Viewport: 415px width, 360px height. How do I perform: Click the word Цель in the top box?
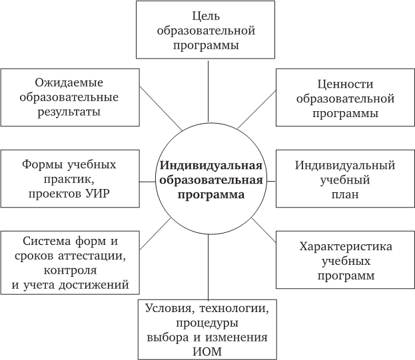[x=206, y=17]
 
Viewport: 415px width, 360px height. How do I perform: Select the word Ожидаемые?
[x=69, y=83]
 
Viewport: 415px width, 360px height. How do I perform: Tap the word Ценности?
[x=345, y=85]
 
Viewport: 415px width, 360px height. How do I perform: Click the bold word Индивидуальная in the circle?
[x=211, y=166]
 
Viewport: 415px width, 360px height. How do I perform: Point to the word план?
[x=345, y=194]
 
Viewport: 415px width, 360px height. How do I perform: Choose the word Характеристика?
[x=346, y=246]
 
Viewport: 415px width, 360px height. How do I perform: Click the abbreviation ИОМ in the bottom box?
[x=207, y=352]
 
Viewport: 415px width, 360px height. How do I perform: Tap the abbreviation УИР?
[x=98, y=194]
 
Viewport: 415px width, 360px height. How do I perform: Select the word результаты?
[x=69, y=112]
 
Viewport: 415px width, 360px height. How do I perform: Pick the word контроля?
[x=70, y=270]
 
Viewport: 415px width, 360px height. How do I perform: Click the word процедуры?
[x=207, y=323]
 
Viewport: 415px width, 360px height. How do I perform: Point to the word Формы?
[x=43, y=164]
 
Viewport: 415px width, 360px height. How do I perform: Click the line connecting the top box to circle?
[x=208, y=91]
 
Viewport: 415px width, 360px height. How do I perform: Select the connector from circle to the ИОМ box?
[x=208, y=267]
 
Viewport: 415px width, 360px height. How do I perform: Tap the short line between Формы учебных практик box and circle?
[x=147, y=182]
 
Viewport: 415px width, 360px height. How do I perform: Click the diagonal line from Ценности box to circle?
[x=256, y=109]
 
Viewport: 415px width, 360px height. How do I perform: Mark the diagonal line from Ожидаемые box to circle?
[x=161, y=108]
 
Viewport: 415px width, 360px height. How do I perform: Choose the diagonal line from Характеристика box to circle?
[x=264, y=230]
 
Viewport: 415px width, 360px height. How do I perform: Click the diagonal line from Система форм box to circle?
[x=155, y=234]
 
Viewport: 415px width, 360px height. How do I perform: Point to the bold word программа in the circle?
[x=211, y=196]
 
